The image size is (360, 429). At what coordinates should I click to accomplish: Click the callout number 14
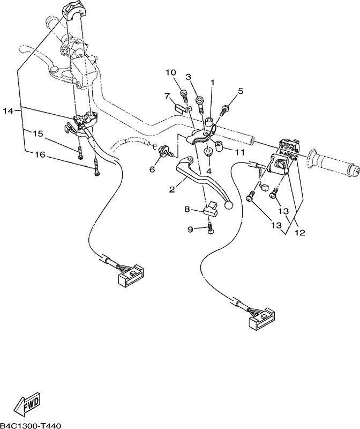(8, 111)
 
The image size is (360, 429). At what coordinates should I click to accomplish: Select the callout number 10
(171, 72)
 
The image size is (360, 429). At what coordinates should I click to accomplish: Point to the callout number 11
(239, 152)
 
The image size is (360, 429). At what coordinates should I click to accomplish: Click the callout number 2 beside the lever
(171, 189)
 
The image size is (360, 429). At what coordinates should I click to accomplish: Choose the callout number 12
(299, 233)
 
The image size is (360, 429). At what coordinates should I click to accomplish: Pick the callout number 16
(39, 155)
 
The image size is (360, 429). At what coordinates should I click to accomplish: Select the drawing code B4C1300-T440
(31, 426)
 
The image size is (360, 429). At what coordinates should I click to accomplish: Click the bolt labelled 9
(211, 228)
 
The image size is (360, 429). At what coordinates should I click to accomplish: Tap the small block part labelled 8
(211, 209)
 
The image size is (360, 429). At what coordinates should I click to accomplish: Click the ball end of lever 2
(229, 204)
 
